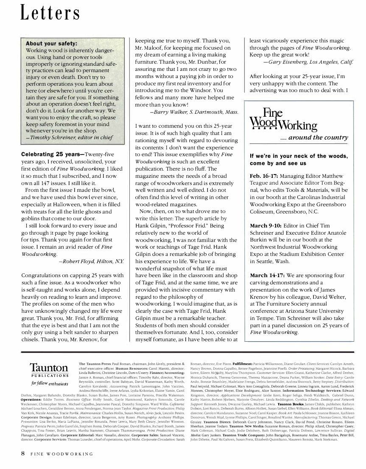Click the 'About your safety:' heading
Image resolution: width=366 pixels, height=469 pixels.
coord(51,43)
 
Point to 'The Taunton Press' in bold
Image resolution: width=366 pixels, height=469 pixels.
coord(95,364)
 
